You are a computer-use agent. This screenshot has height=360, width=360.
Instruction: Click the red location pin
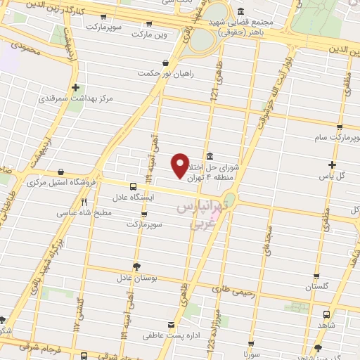tap(181, 165)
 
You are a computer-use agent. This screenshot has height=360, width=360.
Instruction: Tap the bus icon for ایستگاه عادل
tap(134, 186)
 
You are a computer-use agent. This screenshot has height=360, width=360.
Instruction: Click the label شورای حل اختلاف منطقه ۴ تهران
tap(214, 172)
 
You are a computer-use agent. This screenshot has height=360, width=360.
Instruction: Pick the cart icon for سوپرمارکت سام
tap(339, 127)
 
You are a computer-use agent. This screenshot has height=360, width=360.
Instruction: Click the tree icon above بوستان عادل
tap(136, 266)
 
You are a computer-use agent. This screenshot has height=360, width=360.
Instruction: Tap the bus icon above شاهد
tap(326, 314)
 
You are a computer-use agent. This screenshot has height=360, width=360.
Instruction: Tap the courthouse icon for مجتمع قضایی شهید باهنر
tap(240, 12)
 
